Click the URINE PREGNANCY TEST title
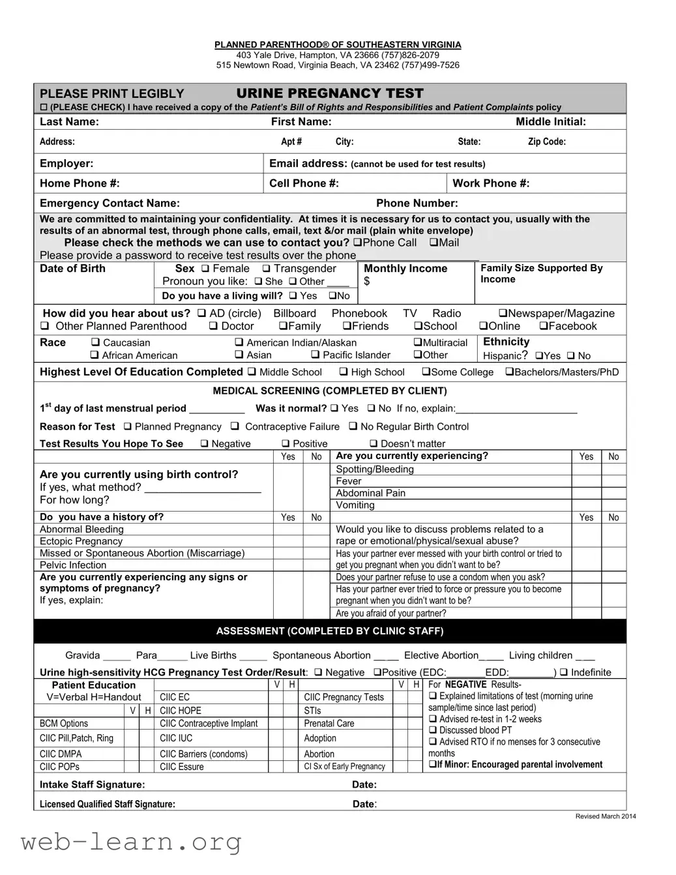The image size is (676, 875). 330,93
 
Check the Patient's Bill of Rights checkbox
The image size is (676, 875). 44,108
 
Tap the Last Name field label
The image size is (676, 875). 69,122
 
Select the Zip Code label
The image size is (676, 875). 546,141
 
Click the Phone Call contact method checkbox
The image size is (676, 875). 357,243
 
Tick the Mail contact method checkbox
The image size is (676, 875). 434,243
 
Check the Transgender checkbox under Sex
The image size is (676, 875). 266,269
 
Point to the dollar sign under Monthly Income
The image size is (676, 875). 367,282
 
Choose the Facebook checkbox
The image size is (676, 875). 543,327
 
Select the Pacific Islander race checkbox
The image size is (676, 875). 315,355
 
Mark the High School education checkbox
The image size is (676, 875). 343,372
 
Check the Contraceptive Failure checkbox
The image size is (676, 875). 235,426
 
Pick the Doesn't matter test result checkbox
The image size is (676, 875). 374,444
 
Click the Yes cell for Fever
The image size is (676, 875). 586,481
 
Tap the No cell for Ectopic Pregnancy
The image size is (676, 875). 316,541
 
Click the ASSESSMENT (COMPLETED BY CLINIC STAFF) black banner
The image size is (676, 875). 330,631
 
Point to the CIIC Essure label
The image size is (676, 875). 181,767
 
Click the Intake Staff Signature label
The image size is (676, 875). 92,784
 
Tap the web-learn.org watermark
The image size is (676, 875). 131,842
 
